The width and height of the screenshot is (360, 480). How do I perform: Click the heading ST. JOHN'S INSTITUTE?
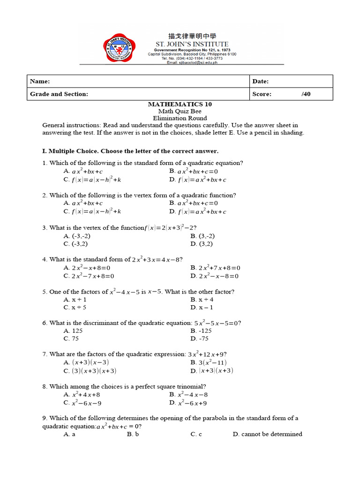tap(192, 44)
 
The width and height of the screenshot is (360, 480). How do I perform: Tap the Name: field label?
tap(40, 81)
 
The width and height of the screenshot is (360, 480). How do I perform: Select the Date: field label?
tap(260, 81)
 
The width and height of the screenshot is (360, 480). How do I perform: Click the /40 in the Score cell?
tap(306, 94)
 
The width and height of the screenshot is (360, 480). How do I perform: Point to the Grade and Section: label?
tap(59, 94)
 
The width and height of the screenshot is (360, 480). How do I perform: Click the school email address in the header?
tap(192, 62)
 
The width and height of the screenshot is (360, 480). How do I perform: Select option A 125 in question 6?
tap(74, 330)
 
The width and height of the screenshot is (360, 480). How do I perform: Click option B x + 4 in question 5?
tap(202, 299)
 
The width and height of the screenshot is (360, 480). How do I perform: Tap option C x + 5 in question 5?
tap(75, 307)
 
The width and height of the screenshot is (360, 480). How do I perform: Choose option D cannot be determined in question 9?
tap(267, 434)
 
